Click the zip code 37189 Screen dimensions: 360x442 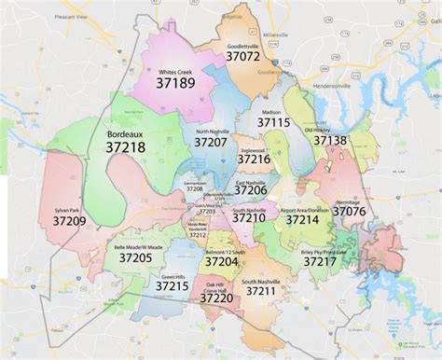pyautogui.click(x=177, y=83)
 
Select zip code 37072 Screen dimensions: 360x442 pyautogui.click(x=242, y=56)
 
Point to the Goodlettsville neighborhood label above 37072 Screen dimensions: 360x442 pyautogui.click(x=242, y=44)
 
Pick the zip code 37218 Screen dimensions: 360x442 pyautogui.click(x=126, y=148)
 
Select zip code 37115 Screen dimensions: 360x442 pyautogui.click(x=274, y=122)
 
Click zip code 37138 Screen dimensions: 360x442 pyautogui.click(x=330, y=140)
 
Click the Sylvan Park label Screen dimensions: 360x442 pyautogui.click(x=68, y=209)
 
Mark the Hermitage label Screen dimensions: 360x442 pyautogui.click(x=347, y=201)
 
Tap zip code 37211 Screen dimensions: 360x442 pyautogui.click(x=261, y=292)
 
